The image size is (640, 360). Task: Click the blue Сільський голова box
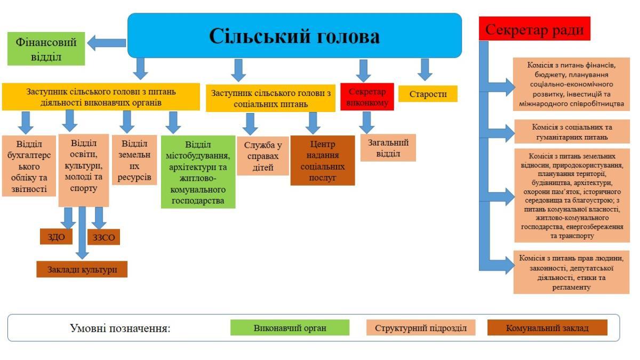tap(294, 35)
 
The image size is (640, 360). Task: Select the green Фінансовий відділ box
tap(46, 49)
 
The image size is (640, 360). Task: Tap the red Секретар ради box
tap(534, 29)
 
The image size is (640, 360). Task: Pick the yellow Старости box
tap(428, 94)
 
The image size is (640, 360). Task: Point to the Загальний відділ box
tap(388, 148)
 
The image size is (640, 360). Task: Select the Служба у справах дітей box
tap(262, 156)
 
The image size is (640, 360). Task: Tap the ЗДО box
tap(56, 236)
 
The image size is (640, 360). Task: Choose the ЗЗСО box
tap(103, 237)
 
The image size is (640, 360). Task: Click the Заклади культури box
tap(82, 269)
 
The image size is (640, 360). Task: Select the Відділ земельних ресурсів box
tap(134, 159)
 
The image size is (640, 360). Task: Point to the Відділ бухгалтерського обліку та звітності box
tap(29, 165)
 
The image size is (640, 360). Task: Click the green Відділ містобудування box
tap(198, 172)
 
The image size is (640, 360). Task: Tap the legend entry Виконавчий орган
tap(290, 327)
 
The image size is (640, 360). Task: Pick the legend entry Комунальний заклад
tap(547, 327)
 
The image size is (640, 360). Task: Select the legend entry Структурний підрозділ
tap(420, 327)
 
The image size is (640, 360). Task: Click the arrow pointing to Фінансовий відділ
tap(106, 43)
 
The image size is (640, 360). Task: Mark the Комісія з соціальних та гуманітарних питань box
tap(572, 132)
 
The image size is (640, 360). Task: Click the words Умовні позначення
tap(120, 327)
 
